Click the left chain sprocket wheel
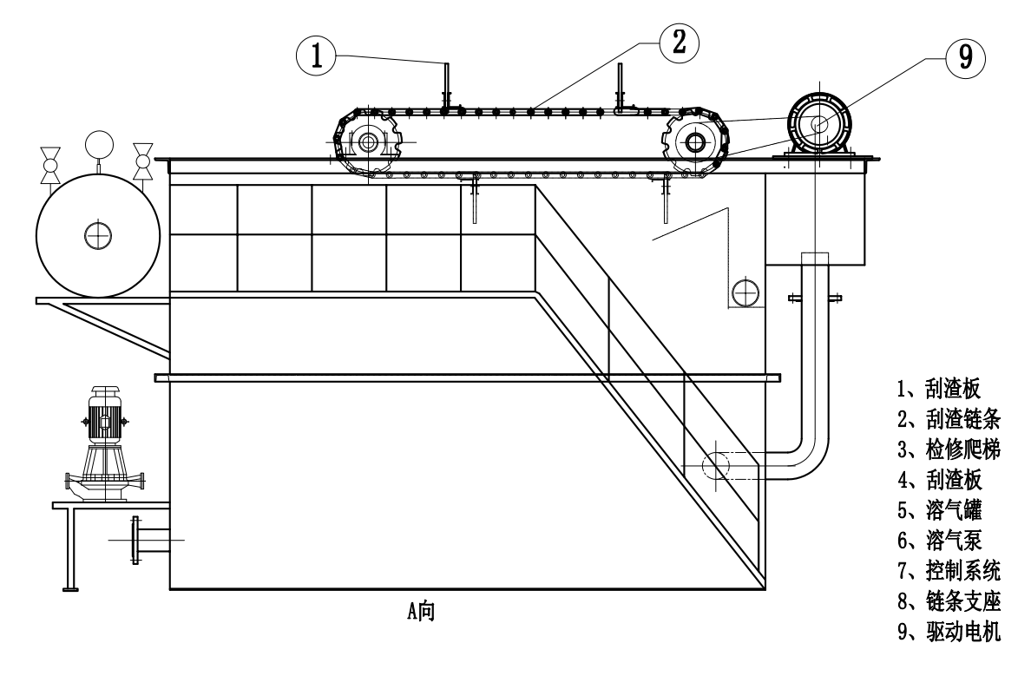368,141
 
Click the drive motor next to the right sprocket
818,124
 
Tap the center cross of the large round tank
98,233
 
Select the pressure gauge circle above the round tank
100,142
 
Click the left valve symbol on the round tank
50,162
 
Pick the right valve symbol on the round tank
143,161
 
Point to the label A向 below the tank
420,611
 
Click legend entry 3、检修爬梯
948,449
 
